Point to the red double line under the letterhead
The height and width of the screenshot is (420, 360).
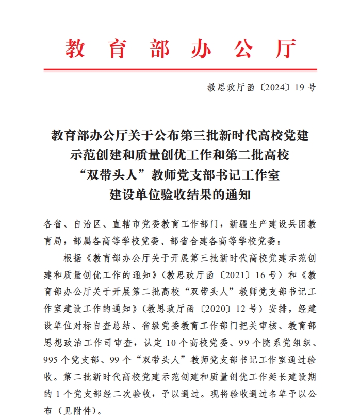pyautogui.click(x=180, y=70)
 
